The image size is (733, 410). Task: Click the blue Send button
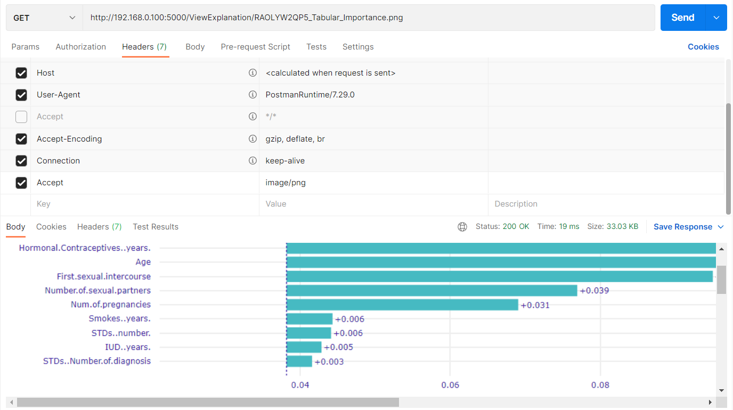pos(682,18)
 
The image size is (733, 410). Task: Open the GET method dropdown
pos(44,18)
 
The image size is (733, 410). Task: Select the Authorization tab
pos(80,47)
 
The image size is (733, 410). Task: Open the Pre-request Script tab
pos(255,47)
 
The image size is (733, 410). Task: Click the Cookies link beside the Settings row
pos(703,47)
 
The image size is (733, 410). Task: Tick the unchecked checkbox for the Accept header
pos(21,117)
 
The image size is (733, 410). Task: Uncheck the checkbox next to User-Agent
pos(21,95)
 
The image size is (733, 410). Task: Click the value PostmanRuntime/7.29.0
pos(310,95)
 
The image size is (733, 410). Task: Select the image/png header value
pos(286,183)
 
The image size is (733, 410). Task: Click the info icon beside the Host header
pos(253,73)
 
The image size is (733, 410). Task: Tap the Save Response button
pos(683,227)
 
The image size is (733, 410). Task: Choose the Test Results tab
pos(156,227)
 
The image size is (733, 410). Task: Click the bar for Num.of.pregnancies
pos(402,305)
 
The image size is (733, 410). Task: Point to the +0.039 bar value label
pos(594,291)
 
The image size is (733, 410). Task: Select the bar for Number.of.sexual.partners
pos(431,290)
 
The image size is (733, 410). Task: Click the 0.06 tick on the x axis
pos(450,385)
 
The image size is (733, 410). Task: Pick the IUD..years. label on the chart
pos(128,347)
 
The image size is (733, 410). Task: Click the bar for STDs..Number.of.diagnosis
pos(299,361)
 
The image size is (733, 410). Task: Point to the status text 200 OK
pos(516,227)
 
